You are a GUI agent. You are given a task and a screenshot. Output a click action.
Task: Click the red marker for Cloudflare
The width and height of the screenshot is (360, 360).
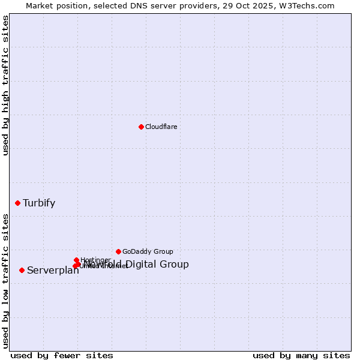[141, 127]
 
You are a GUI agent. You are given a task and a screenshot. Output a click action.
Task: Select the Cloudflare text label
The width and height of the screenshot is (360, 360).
[161, 127]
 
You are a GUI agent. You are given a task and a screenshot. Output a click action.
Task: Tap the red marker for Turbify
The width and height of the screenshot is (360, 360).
[17, 203]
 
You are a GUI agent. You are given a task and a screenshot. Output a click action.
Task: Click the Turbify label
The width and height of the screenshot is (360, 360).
[39, 203]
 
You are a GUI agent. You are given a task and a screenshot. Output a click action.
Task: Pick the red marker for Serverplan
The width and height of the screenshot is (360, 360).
[22, 270]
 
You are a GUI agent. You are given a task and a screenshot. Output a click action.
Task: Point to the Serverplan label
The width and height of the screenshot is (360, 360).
[53, 270]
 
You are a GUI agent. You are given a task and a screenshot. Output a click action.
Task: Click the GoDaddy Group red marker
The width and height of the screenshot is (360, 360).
[118, 251]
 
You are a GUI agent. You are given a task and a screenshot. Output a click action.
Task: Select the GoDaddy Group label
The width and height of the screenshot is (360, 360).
[148, 251]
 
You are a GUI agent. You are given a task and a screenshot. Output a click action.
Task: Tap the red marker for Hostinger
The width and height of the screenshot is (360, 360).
[76, 260]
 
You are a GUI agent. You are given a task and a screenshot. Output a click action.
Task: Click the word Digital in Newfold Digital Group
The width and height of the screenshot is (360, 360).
[143, 264]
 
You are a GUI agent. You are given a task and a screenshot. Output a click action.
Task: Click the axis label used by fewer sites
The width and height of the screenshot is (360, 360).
[62, 355]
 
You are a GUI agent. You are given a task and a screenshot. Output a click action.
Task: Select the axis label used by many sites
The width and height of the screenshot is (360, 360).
[301, 355]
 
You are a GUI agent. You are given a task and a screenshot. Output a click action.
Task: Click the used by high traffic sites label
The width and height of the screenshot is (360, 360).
[5, 85]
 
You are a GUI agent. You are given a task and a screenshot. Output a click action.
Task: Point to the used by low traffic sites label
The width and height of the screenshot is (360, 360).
[5, 281]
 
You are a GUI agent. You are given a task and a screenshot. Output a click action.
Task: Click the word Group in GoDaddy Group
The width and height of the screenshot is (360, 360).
[163, 251]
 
